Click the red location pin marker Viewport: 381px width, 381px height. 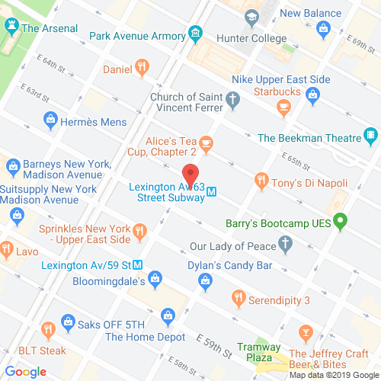click(190, 173)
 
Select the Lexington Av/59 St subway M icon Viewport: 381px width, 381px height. click(138, 266)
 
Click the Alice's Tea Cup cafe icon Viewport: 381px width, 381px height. click(207, 142)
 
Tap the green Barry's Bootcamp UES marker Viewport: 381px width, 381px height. click(341, 223)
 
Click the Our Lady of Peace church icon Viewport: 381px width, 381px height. click(286, 245)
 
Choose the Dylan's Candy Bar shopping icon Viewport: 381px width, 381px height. click(205, 283)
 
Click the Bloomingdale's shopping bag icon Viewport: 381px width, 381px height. click(155, 278)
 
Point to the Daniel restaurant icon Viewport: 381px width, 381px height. click(141, 68)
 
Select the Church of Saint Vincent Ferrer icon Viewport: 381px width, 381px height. click(234, 98)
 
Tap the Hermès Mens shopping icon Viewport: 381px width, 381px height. click(50, 119)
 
